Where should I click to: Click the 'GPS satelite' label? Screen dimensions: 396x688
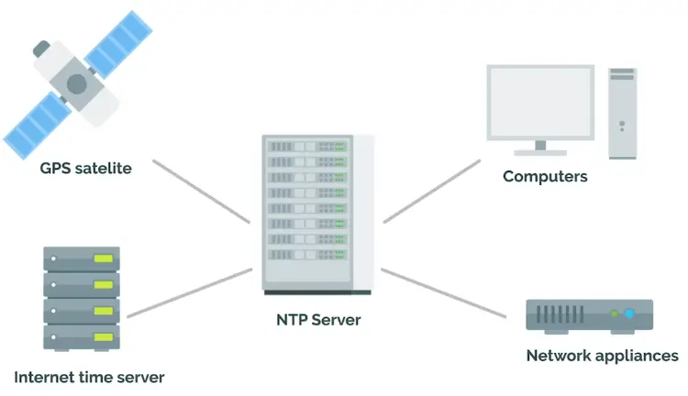86,169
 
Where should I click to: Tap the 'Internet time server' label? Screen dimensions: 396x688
89,377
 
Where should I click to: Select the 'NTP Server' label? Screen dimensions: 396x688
318,320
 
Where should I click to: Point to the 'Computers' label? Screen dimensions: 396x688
545,176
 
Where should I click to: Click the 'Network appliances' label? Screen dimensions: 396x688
602,356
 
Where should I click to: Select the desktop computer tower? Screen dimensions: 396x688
622,112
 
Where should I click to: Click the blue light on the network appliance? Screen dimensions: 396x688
629,314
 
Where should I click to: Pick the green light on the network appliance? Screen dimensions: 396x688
615,314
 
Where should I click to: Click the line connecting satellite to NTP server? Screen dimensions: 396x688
201,192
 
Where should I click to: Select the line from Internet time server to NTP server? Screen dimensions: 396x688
190,292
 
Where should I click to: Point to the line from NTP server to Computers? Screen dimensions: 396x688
431,191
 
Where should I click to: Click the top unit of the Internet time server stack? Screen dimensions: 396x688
82,258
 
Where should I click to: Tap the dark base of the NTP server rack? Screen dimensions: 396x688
317,292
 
